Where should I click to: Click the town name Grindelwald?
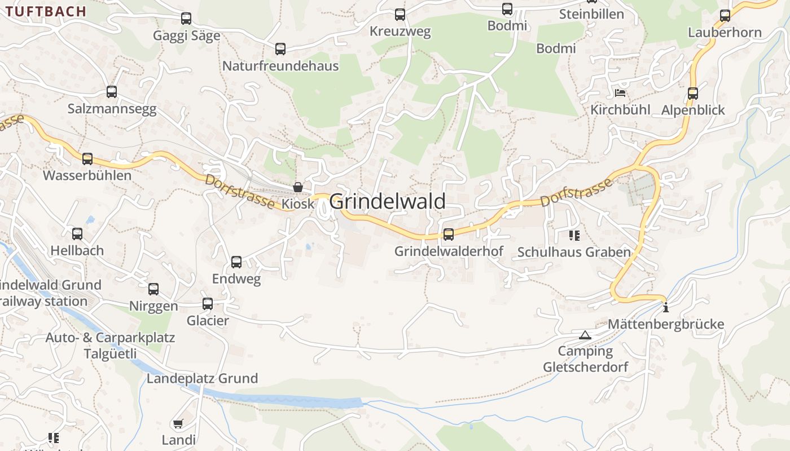(x=387, y=201)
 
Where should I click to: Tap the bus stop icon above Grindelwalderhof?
(x=449, y=234)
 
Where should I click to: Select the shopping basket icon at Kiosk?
(x=298, y=187)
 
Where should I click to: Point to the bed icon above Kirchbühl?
(x=620, y=92)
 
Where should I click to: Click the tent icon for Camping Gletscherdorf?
(x=585, y=335)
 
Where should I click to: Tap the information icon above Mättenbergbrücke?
(x=666, y=307)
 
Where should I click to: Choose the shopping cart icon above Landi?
(x=178, y=423)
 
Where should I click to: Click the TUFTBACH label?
(x=46, y=11)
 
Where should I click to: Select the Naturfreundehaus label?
(x=280, y=66)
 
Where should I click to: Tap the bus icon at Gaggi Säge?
(x=186, y=19)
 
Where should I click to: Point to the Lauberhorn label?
(x=725, y=32)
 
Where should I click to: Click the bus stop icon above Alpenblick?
(x=693, y=94)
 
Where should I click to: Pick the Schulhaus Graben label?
(x=574, y=252)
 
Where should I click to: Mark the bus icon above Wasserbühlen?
(x=87, y=159)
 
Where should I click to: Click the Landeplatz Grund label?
(x=202, y=378)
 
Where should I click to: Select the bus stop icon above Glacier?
(x=208, y=304)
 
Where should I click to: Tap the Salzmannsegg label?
(x=112, y=109)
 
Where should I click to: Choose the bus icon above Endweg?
(x=236, y=262)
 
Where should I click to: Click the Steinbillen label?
(x=591, y=14)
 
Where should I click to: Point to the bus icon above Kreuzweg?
(x=400, y=15)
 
